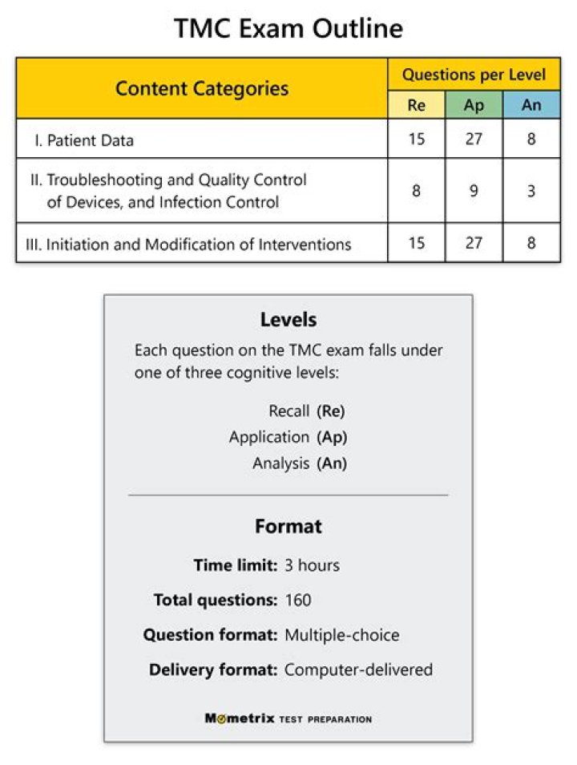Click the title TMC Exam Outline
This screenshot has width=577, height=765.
point(288,30)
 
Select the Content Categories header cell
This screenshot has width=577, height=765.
point(202,88)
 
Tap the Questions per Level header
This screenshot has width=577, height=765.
point(474,75)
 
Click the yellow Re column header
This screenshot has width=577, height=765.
point(417,105)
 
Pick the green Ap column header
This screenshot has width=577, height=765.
point(474,105)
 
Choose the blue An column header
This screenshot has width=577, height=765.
point(531,105)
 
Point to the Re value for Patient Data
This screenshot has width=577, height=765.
point(417,139)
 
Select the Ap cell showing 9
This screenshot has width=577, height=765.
point(474,191)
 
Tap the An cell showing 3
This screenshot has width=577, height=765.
point(531,191)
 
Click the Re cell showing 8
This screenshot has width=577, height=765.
point(417,191)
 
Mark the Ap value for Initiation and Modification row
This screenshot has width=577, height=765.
point(474,243)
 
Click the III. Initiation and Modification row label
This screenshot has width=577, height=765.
point(189,245)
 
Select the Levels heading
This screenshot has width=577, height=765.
point(288,319)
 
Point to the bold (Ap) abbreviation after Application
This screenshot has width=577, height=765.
point(332,437)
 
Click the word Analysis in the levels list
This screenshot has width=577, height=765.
point(280,463)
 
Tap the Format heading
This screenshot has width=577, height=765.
point(288,527)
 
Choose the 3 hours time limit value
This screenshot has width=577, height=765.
point(312,565)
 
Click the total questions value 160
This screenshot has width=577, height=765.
point(298,600)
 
